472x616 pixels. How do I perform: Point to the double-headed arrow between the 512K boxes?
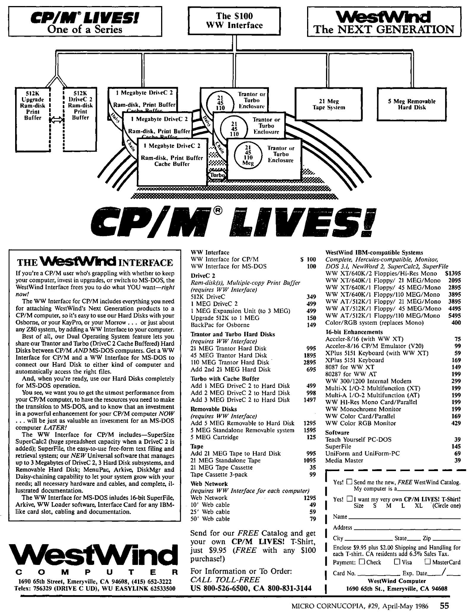(x=57, y=120)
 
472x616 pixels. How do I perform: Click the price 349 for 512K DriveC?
(x=311, y=297)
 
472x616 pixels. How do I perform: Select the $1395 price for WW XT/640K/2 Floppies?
(x=453, y=273)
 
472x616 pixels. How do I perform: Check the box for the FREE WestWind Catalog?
(x=349, y=482)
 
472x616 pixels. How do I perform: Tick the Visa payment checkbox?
(x=397, y=562)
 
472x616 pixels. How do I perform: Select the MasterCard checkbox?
(x=428, y=562)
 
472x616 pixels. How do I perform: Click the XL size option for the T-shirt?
(x=418, y=506)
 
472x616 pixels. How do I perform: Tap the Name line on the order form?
(x=404, y=517)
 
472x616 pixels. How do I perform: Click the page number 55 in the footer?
(x=444, y=606)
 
